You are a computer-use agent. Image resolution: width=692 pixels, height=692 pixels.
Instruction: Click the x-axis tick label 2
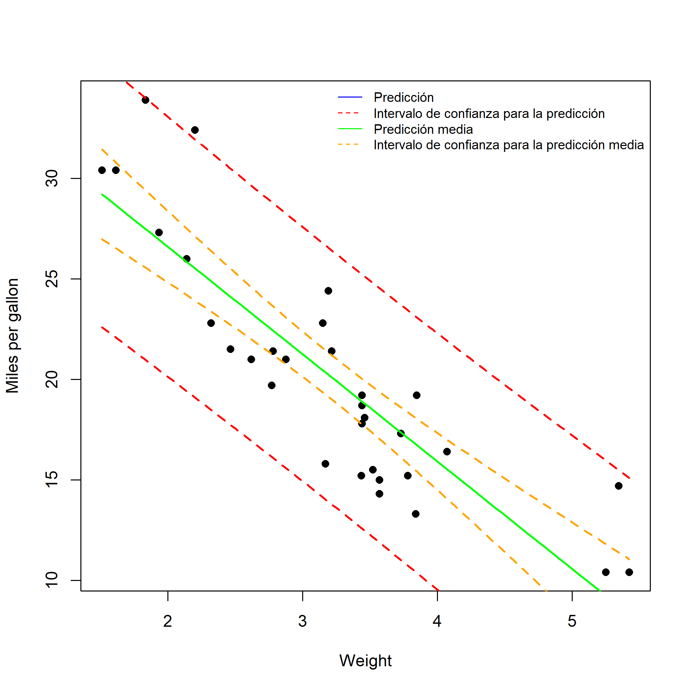168,621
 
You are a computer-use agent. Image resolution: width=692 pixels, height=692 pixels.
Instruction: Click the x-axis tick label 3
303,621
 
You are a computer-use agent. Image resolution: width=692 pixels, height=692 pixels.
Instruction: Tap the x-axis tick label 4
437,621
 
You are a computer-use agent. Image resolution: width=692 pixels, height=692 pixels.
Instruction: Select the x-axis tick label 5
572,621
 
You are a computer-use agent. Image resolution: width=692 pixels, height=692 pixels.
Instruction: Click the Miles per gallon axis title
13,336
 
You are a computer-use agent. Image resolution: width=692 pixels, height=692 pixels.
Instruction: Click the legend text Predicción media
423,129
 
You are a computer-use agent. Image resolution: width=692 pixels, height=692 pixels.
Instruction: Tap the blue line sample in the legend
350,97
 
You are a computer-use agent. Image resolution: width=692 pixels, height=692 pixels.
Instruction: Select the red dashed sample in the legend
350,113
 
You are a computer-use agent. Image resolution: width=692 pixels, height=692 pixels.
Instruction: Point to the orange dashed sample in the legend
350,145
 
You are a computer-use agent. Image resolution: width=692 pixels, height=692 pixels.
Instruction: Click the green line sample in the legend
350,129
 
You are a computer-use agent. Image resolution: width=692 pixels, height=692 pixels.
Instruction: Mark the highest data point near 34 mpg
145,100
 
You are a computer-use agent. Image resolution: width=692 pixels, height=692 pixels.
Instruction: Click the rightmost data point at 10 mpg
629,572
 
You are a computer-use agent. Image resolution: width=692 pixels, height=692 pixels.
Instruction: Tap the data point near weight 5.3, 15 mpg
619,486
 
